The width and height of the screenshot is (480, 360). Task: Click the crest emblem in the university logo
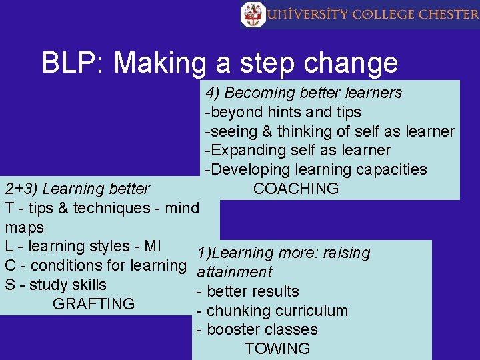[253, 14]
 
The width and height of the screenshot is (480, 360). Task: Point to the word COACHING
[296, 189]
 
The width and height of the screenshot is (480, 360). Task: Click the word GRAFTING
[93, 304]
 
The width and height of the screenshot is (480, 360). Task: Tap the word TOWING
[277, 349]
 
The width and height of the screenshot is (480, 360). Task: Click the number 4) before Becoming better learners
[213, 93]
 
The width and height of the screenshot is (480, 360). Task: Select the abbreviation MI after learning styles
[152, 246]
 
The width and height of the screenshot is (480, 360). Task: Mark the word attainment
[235, 272]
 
